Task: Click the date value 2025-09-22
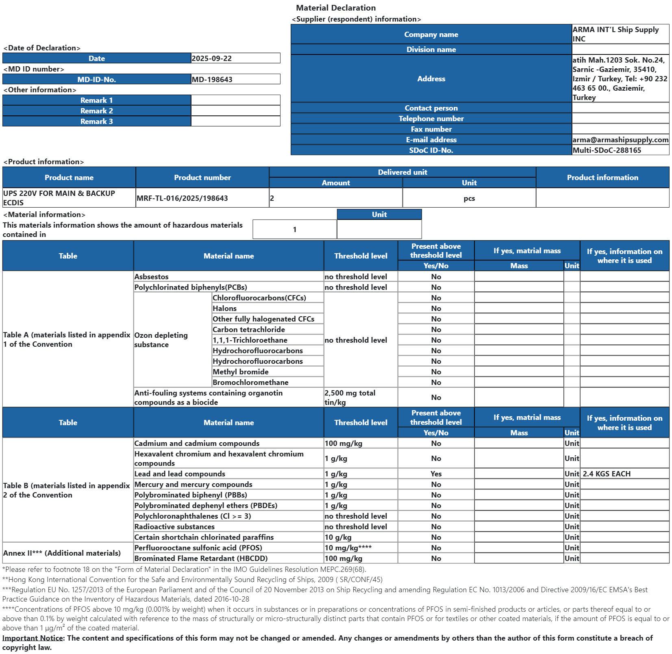[212, 59]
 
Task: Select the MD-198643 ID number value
[212, 80]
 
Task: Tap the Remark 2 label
[97, 111]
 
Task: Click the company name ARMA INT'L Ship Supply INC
[615, 34]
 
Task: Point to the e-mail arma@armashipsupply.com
[620, 140]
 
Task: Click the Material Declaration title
[336, 8]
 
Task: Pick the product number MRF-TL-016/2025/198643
[182, 198]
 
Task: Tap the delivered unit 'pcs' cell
[469, 198]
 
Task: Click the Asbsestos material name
[151, 277]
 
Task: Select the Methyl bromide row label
[240, 372]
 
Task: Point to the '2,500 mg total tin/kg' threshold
[350, 398]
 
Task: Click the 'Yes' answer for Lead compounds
[436, 474]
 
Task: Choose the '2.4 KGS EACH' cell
[607, 474]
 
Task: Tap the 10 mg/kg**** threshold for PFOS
[348, 548]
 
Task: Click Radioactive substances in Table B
[174, 527]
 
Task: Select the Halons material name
[224, 309]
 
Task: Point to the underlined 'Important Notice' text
[33, 638]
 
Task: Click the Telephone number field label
[431, 119]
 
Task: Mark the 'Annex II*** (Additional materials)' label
[62, 553]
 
